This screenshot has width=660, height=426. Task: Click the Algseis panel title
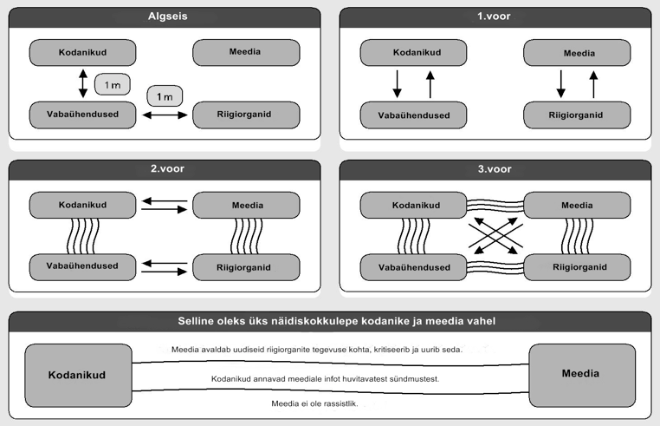pyautogui.click(x=167, y=16)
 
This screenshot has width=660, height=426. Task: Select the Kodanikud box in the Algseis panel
pyautogui.click(x=82, y=53)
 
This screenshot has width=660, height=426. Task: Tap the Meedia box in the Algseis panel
pyautogui.click(x=246, y=53)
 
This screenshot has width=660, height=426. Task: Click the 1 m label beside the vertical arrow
pyautogui.click(x=113, y=84)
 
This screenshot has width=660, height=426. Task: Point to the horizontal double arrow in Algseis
pyautogui.click(x=165, y=115)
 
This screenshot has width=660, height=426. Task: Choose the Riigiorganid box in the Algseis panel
pyautogui.click(x=246, y=115)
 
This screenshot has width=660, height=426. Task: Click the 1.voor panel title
pyautogui.click(x=494, y=16)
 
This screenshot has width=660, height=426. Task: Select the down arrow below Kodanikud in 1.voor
pyautogui.click(x=397, y=84)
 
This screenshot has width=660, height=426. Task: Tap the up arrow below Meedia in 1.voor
pyautogui.click(x=593, y=84)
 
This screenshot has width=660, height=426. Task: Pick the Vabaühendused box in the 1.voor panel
pyautogui.click(x=413, y=115)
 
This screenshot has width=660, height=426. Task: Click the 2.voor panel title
pyautogui.click(x=167, y=168)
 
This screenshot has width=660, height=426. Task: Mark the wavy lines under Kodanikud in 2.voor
pyautogui.click(x=83, y=236)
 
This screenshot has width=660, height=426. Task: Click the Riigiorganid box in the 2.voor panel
pyautogui.click(x=246, y=267)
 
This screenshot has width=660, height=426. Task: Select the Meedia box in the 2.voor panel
pyautogui.click(x=246, y=206)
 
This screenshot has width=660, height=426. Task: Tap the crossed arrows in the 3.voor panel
pyautogui.click(x=495, y=236)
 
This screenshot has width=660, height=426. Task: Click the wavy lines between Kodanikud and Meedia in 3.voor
pyautogui.click(x=495, y=206)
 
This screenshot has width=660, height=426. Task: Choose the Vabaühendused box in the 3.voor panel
pyautogui.click(x=413, y=267)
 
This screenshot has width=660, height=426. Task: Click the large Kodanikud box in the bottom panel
pyautogui.click(x=78, y=376)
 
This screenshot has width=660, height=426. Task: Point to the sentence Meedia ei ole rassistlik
pyautogui.click(x=314, y=403)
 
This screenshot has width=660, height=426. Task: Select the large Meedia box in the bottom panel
pyautogui.click(x=582, y=376)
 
